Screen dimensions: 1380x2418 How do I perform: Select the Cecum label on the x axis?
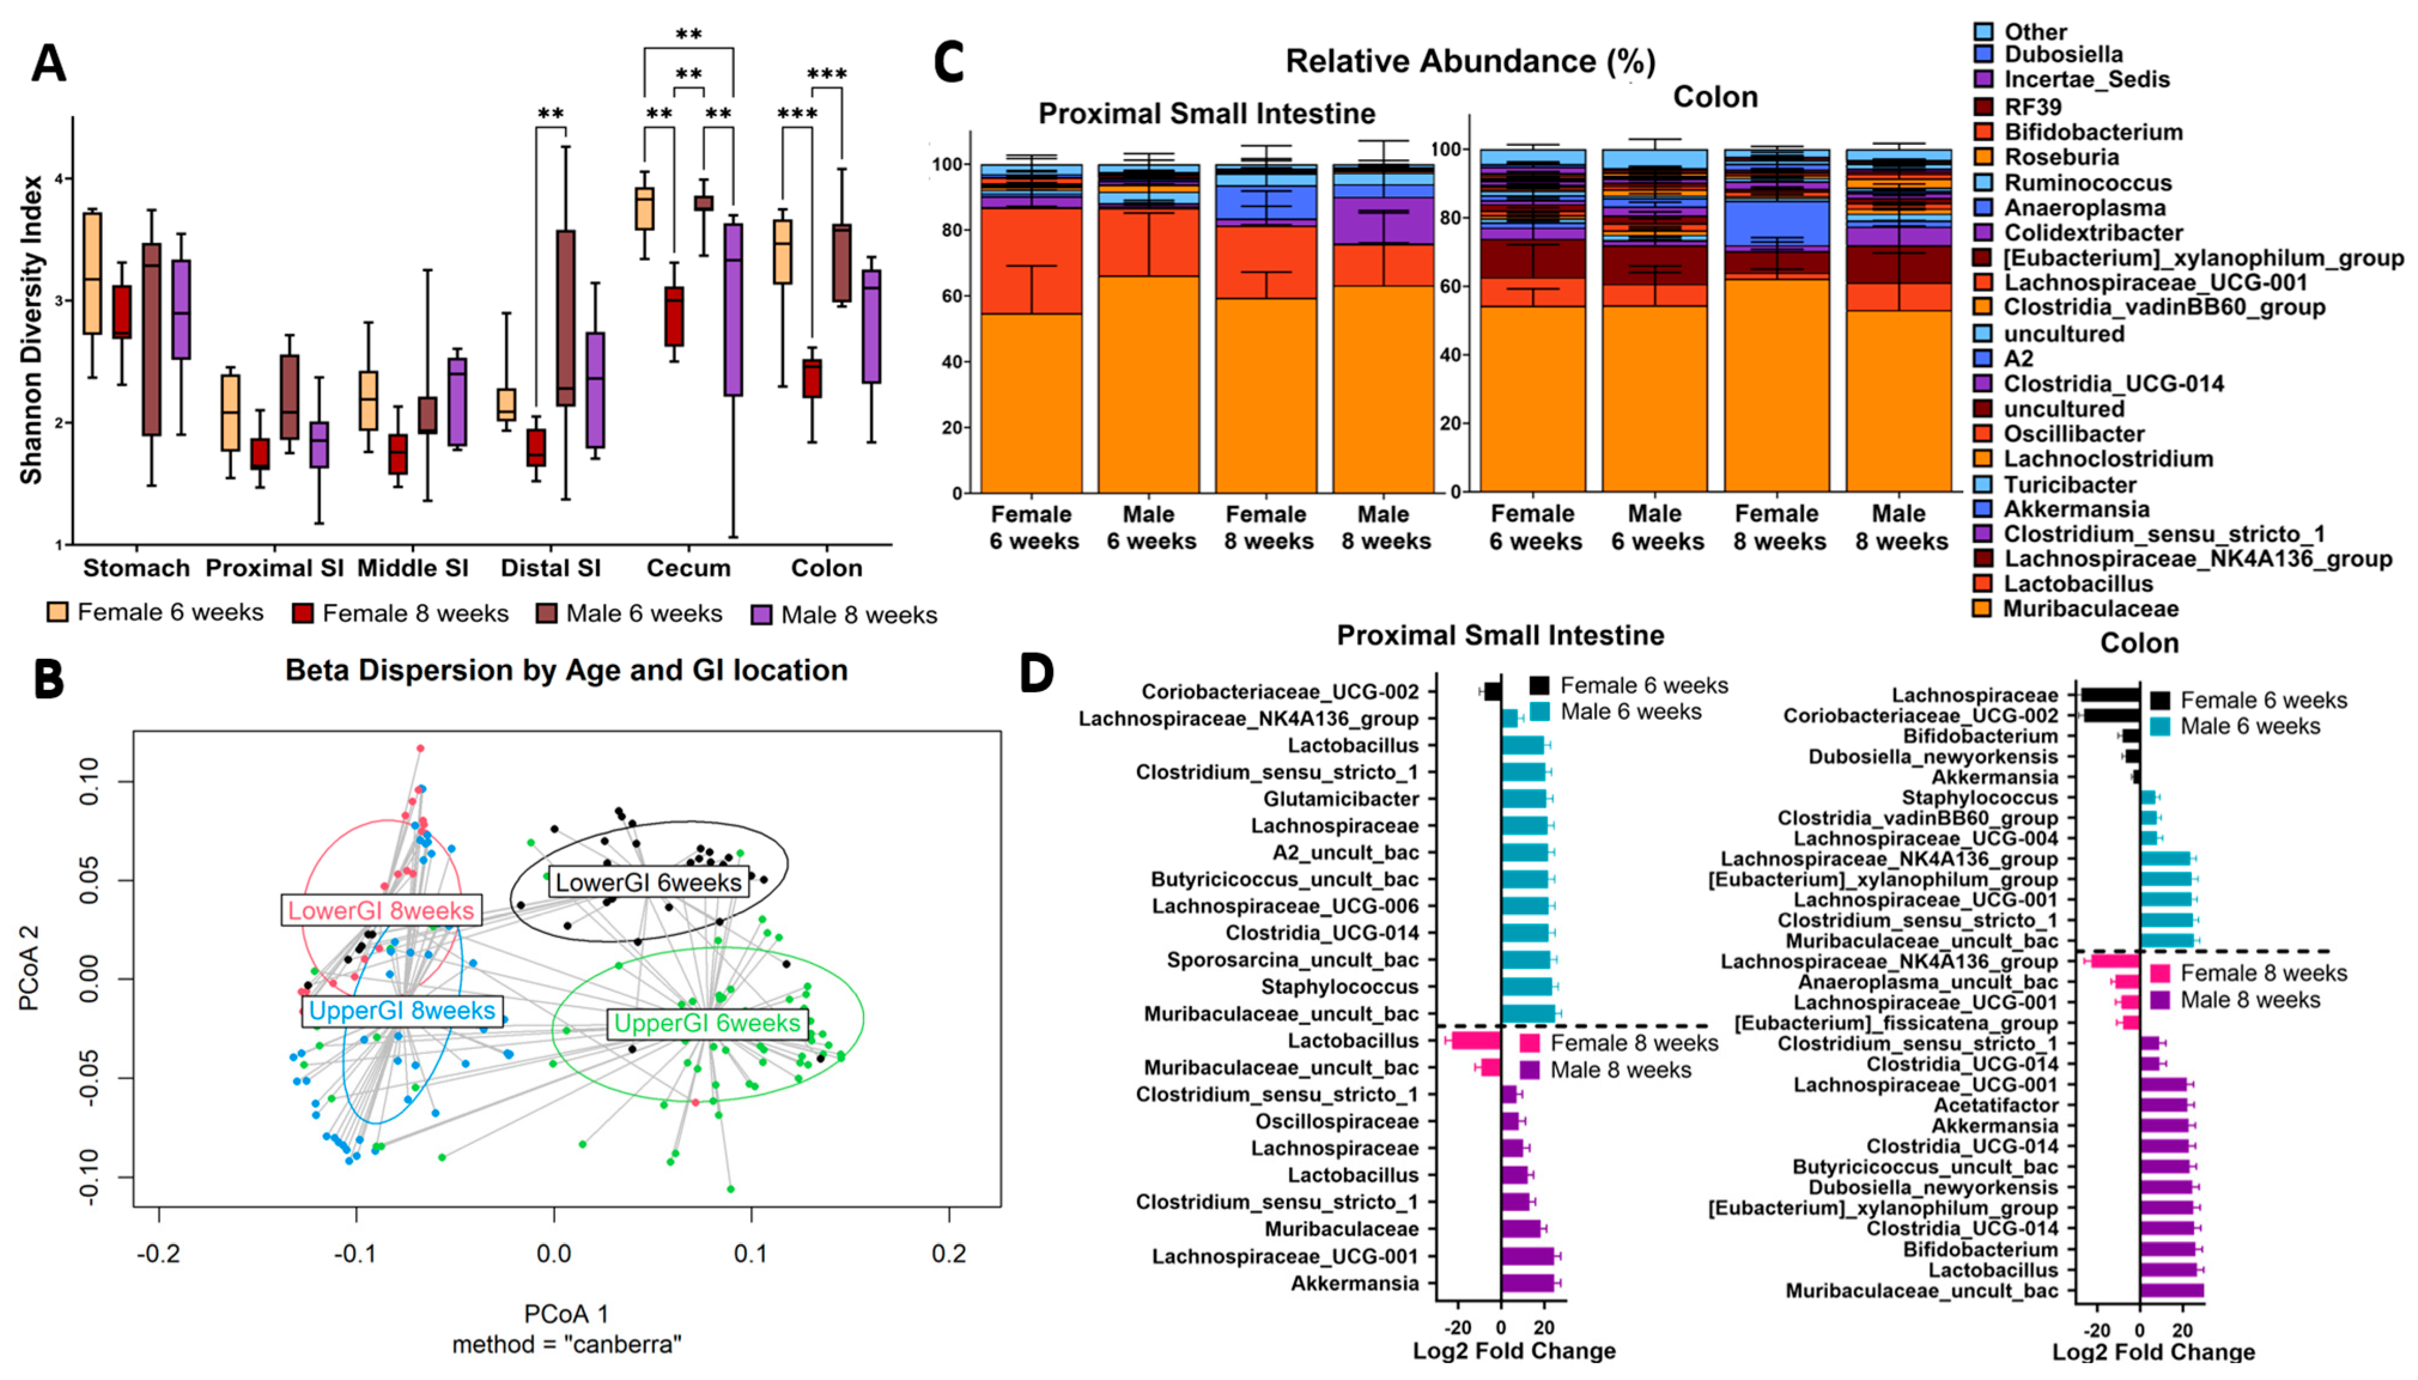click(x=688, y=568)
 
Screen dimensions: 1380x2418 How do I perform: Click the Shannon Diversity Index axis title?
click(x=31, y=329)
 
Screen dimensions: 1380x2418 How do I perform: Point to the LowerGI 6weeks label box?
click(x=648, y=883)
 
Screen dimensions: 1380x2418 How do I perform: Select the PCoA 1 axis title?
click(x=566, y=1314)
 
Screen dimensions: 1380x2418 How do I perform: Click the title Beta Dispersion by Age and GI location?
click(x=566, y=670)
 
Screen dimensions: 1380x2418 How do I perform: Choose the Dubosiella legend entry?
click(x=2062, y=54)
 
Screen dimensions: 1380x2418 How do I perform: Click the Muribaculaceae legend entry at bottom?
click(x=2090, y=609)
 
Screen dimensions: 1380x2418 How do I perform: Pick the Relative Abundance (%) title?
click(x=1470, y=62)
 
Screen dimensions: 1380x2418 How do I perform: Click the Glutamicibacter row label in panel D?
click(x=1340, y=799)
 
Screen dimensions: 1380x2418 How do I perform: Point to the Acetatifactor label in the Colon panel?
click(x=1995, y=1105)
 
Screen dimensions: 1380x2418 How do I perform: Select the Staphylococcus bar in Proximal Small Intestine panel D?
click(x=1526, y=987)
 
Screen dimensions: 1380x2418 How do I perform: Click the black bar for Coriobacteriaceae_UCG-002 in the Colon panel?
click(x=2110, y=716)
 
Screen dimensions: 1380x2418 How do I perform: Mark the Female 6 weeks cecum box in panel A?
click(x=645, y=208)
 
